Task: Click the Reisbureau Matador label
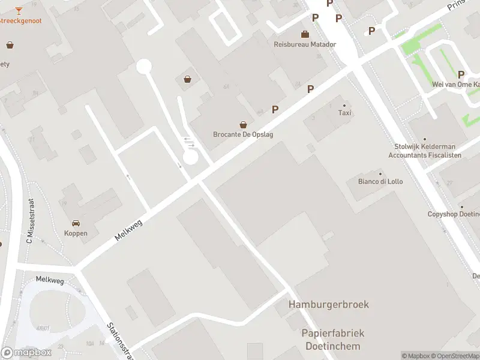click(x=305, y=44)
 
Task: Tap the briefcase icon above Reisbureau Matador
click(x=305, y=34)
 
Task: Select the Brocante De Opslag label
click(x=243, y=134)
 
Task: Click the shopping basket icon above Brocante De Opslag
click(x=243, y=125)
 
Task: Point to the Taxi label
click(x=344, y=113)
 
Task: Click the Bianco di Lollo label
click(x=380, y=181)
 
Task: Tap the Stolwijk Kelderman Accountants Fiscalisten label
click(x=425, y=151)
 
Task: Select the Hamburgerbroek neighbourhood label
click(x=329, y=304)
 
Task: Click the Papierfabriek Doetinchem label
click(x=333, y=340)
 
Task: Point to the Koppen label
click(x=76, y=233)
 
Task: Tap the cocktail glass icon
click(x=19, y=10)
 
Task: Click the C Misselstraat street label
click(x=28, y=221)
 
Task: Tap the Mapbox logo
click(x=26, y=353)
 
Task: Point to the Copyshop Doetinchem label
click(x=454, y=214)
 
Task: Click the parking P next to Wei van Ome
click(x=461, y=74)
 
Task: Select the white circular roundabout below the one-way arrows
click(x=190, y=157)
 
